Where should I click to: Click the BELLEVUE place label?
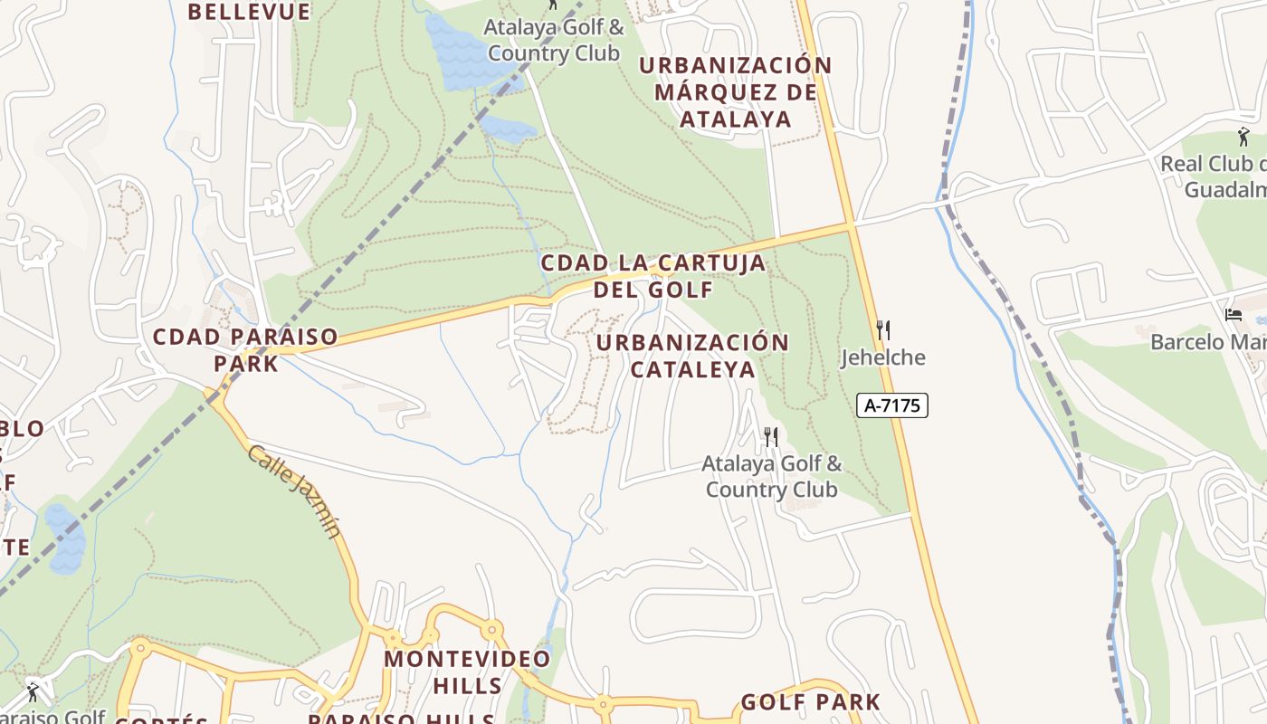click(249, 12)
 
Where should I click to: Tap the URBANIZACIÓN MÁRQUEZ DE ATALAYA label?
click(735, 92)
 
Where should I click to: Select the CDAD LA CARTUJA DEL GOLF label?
click(653, 276)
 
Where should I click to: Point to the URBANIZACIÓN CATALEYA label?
click(692, 356)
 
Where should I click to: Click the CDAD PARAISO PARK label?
click(245, 349)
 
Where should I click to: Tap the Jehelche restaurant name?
click(883, 357)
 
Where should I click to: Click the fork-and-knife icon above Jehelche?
click(883, 329)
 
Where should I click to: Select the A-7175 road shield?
click(892, 405)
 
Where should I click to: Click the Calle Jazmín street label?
click(294, 491)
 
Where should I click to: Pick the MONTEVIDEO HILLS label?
click(467, 672)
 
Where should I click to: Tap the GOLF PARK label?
click(810, 702)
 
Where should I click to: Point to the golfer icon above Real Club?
click(1243, 138)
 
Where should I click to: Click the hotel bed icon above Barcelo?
click(1234, 315)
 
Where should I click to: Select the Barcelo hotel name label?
click(1208, 342)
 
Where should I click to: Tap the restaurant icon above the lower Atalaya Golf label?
click(771, 437)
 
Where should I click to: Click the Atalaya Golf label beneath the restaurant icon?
click(772, 477)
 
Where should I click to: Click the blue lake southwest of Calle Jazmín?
click(65, 540)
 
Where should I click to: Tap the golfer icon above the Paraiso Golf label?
click(33, 692)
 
